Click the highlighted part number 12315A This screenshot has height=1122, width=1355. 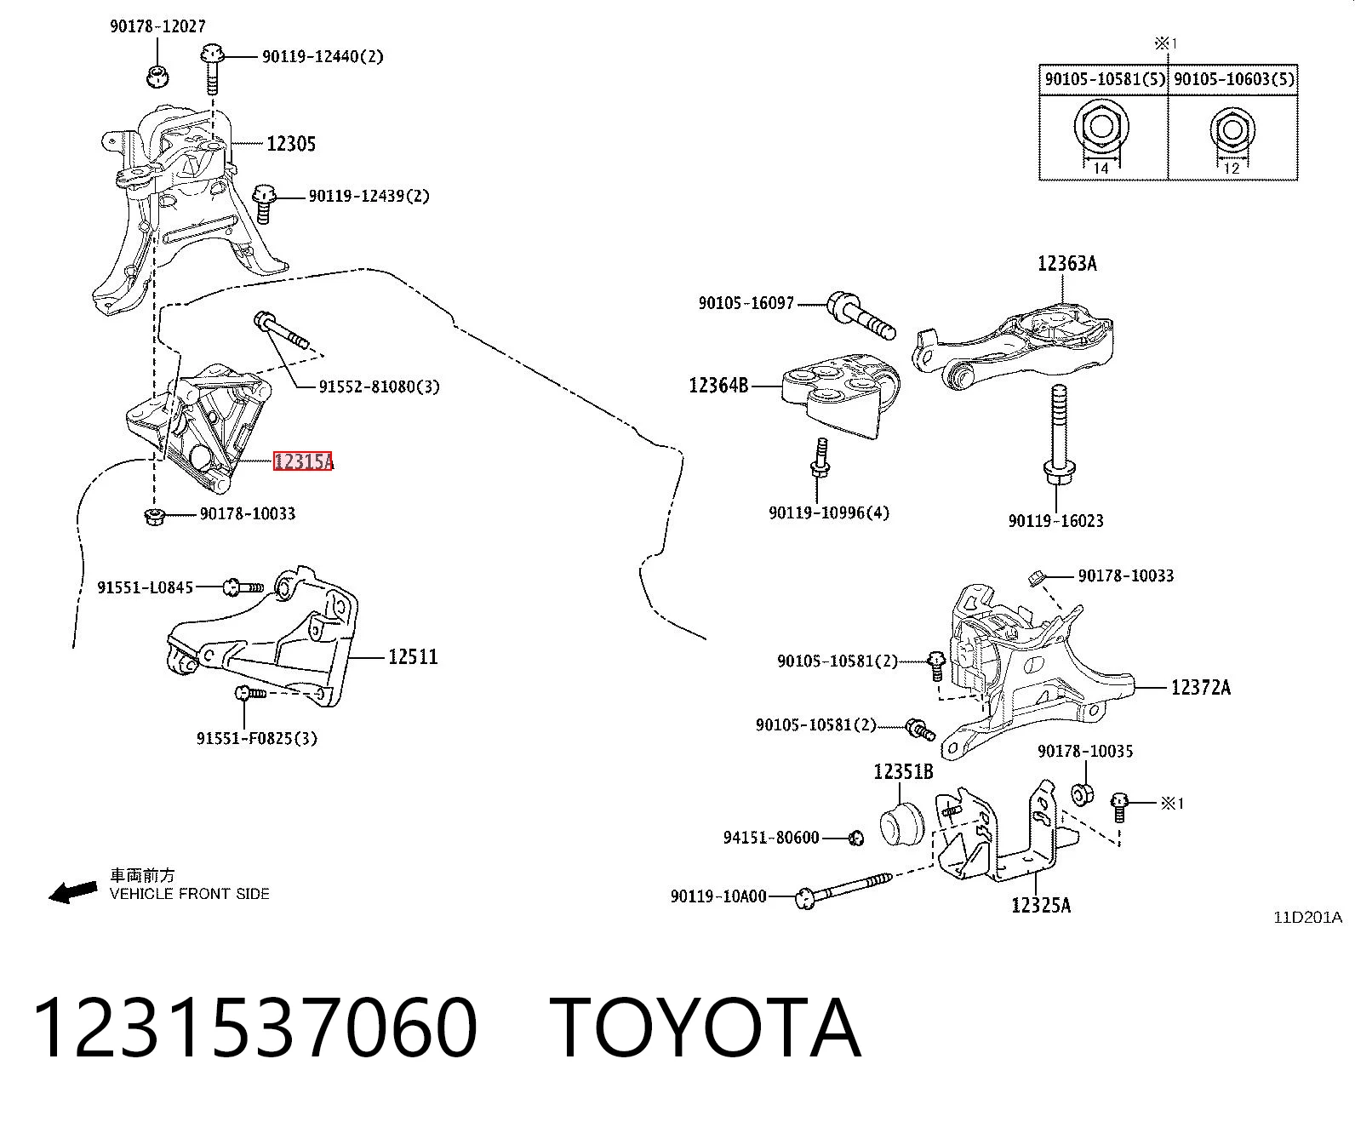(x=303, y=461)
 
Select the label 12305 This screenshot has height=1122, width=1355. (x=291, y=144)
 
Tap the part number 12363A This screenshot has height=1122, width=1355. (x=1066, y=263)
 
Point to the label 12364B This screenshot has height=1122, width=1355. (x=718, y=385)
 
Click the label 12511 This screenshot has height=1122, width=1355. (x=413, y=656)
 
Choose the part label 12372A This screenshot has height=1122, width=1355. (x=1201, y=687)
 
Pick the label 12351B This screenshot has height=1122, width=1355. (x=903, y=771)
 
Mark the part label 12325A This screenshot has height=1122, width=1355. (x=1041, y=904)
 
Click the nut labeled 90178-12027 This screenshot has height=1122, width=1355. (x=157, y=76)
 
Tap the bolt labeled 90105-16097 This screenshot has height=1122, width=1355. (x=861, y=316)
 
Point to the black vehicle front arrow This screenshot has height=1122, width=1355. (x=73, y=892)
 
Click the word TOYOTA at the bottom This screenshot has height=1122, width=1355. (x=706, y=1029)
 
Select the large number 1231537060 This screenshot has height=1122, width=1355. (x=255, y=1029)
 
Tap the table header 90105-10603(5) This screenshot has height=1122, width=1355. (x=1233, y=79)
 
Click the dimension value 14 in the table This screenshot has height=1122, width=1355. (x=1101, y=169)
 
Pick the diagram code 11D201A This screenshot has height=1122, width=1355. (x=1307, y=918)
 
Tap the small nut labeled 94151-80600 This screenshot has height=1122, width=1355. (x=856, y=839)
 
